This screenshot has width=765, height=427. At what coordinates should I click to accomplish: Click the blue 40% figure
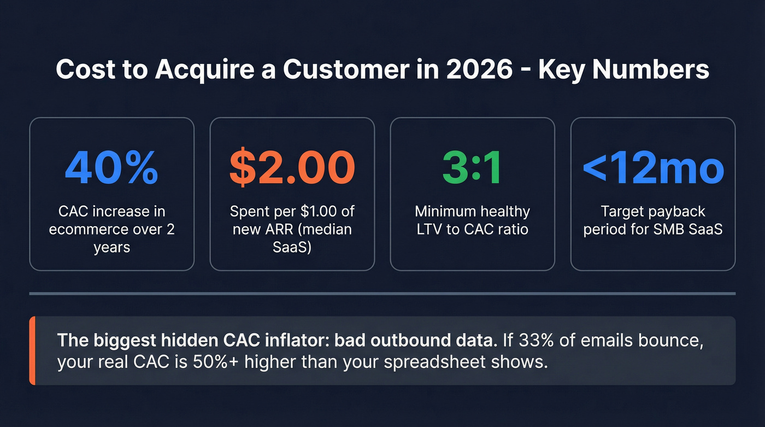coord(111,167)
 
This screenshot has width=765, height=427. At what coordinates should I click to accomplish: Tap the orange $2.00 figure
coord(292,167)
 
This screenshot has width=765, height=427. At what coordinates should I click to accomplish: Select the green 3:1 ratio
coord(472,167)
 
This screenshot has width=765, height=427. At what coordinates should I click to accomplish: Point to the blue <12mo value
coord(653,167)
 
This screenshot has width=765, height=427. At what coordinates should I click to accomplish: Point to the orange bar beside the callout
coord(32,350)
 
